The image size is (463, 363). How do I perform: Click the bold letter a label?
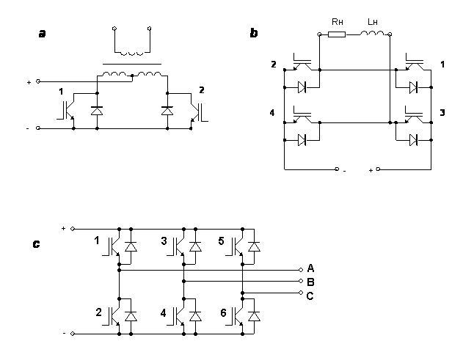click(x=43, y=34)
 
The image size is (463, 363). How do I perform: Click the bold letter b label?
click(x=254, y=33)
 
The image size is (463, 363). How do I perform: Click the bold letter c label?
click(x=36, y=244)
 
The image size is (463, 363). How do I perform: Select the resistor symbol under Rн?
click(x=337, y=34)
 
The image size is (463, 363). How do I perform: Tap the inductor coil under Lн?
click(x=372, y=33)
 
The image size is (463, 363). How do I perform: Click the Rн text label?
click(x=338, y=21)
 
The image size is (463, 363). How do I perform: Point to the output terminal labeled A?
click(x=301, y=270)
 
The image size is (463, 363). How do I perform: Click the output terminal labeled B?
click(x=301, y=281)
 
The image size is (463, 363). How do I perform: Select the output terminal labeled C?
click(x=301, y=293)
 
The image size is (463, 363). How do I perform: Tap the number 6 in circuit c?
click(x=223, y=313)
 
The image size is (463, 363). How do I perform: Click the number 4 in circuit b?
click(x=272, y=112)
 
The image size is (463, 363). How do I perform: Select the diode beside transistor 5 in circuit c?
click(x=254, y=246)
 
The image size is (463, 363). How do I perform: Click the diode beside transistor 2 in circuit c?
click(x=131, y=316)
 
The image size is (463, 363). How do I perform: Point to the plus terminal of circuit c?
click(x=73, y=229)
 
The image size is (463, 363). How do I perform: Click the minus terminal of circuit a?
click(x=38, y=128)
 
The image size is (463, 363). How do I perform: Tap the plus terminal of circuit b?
click(x=379, y=169)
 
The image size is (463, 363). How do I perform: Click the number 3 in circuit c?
click(x=164, y=241)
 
